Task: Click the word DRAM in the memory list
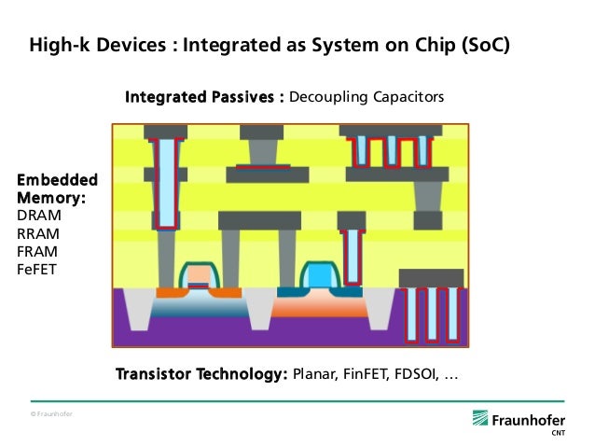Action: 37,217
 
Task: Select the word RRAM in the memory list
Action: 36,234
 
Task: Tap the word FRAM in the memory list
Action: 36,252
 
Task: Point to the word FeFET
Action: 36,270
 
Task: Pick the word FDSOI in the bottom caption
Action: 416,375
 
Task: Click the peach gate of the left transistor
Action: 199,276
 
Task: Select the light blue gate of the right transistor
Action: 319,276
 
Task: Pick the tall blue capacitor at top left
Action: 166,182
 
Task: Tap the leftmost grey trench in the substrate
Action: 137,308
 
